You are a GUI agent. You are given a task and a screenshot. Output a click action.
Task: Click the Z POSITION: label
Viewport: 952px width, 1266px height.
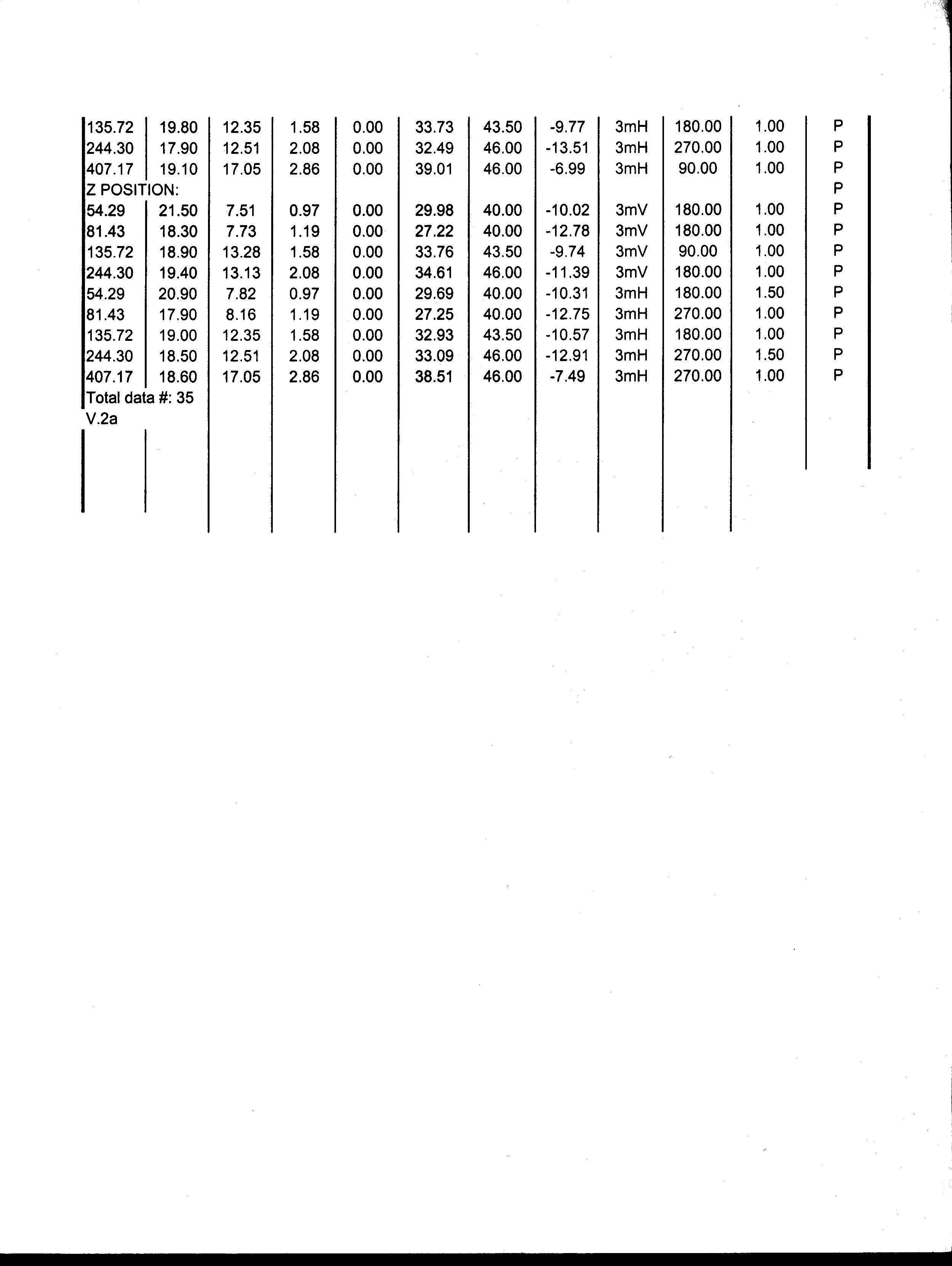click(x=132, y=190)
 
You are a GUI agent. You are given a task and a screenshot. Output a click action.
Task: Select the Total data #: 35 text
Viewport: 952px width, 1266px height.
click(x=140, y=398)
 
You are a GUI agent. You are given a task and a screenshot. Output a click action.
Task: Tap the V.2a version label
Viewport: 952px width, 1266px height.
click(x=102, y=419)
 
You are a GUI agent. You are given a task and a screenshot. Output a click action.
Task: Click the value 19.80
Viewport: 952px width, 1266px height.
click(x=178, y=127)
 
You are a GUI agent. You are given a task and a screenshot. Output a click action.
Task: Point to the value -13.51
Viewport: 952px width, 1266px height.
click(x=567, y=148)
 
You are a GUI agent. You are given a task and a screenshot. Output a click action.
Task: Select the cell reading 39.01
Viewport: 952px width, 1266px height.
click(x=434, y=169)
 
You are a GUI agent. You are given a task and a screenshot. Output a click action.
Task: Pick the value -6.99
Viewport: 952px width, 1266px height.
click(x=567, y=169)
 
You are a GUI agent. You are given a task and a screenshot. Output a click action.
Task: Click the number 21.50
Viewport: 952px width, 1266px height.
click(x=178, y=211)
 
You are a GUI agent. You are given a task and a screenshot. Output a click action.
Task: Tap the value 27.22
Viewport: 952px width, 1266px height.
click(x=434, y=231)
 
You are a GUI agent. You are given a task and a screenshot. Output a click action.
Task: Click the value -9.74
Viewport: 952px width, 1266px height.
click(x=567, y=252)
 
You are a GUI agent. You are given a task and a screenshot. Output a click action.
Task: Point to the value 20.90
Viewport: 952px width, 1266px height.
click(x=178, y=294)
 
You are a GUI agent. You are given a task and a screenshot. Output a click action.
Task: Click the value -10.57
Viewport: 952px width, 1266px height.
click(x=567, y=335)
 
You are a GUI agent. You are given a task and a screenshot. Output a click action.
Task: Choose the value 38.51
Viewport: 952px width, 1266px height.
click(x=434, y=377)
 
